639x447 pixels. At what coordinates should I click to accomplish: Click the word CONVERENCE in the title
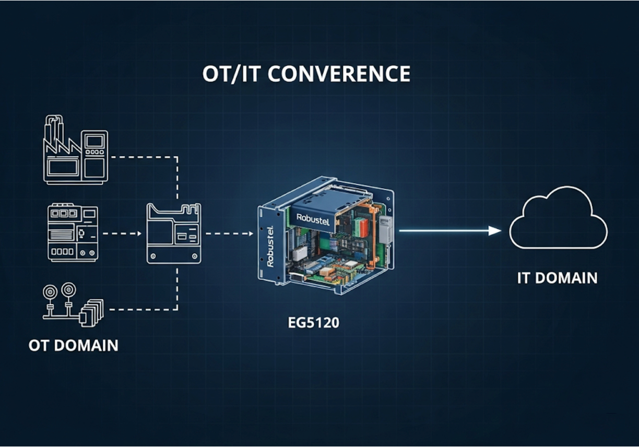pos(339,74)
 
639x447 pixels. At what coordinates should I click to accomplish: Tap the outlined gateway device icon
pos(174,233)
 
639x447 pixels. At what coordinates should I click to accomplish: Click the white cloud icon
pos(558,219)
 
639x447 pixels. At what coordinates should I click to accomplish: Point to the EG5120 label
pos(313,323)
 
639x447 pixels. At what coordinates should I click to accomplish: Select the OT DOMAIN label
pos(73,345)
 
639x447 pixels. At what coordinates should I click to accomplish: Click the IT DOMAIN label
pos(557,278)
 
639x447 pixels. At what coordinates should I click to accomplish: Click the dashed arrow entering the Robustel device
pos(230,233)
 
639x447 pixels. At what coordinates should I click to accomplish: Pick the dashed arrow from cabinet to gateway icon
pos(122,233)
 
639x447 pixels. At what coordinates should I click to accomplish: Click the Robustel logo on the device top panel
pos(313,217)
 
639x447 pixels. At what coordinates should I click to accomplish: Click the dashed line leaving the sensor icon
pos(141,309)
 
